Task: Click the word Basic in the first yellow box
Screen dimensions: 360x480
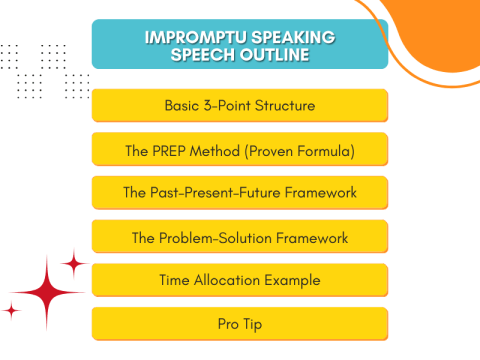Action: [183, 105]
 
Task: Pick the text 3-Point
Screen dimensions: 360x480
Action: [230, 105]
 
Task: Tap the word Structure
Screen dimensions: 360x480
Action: [288, 105]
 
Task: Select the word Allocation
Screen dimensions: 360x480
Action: [231, 280]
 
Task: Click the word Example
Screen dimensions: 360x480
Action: [295, 280]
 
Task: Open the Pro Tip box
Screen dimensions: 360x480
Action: [239, 324]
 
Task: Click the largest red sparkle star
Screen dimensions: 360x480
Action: [46, 291]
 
